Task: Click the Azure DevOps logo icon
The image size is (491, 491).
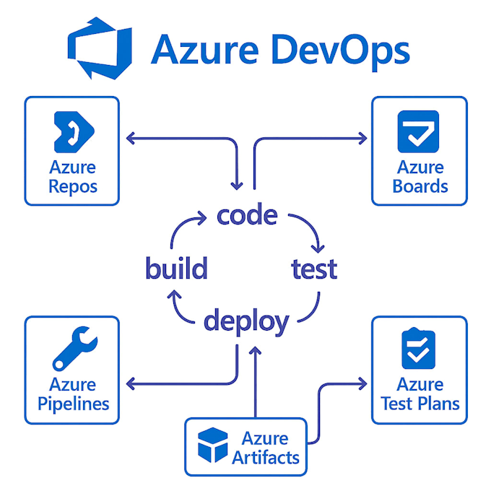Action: [100, 51]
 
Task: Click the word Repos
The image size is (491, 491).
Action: [73, 187]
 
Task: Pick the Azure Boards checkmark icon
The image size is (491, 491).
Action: [418, 131]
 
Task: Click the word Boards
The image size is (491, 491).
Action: [420, 186]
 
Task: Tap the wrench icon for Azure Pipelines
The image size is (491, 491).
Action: [72, 349]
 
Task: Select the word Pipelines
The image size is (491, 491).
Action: [73, 403]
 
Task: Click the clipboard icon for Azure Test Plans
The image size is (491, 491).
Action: [419, 349]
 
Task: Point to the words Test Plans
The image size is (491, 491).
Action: [420, 403]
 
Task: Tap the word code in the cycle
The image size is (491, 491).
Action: [247, 215]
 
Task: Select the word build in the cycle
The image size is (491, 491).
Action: [176, 269]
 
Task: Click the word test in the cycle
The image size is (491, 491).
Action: [314, 269]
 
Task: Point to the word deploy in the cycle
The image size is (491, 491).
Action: [246, 321]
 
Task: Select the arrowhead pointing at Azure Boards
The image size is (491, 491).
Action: [362, 135]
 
